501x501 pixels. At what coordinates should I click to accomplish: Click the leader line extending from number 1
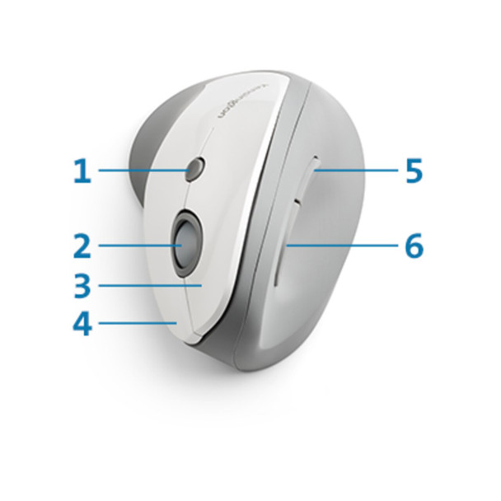(x=140, y=171)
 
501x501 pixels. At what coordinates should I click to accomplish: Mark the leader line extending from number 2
(x=136, y=245)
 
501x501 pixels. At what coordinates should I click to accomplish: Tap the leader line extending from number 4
(x=136, y=322)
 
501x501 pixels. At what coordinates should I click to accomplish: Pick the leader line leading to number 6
(x=346, y=245)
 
